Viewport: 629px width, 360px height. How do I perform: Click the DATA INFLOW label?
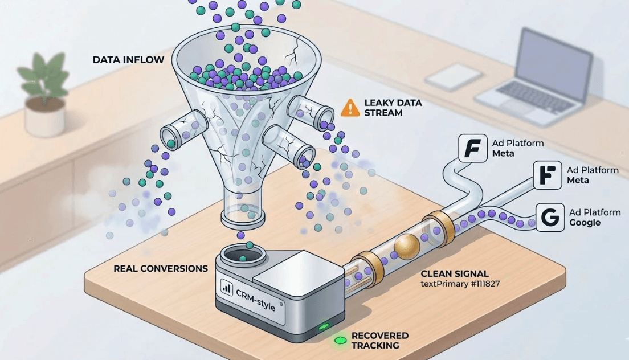click(x=128, y=59)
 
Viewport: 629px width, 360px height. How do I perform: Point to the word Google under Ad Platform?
click(x=585, y=223)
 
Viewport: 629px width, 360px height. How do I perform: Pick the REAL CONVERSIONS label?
click(x=161, y=268)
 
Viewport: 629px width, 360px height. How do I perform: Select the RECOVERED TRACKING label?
click(x=379, y=341)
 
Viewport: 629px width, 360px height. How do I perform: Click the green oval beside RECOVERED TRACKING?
click(x=341, y=341)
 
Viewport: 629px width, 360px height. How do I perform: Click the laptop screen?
click(x=554, y=56)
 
